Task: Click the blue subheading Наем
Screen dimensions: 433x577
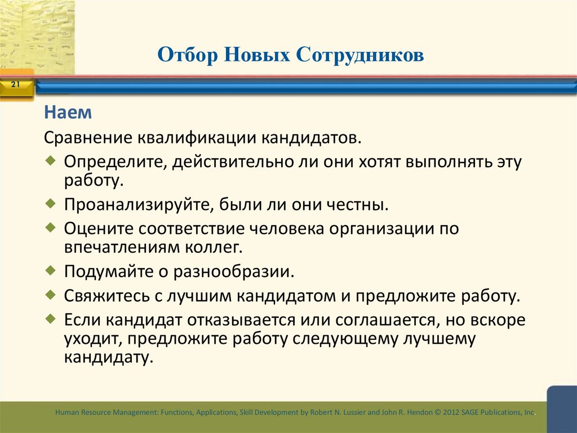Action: pyautogui.click(x=68, y=113)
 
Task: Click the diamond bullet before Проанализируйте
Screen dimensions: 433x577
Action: pyautogui.click(x=51, y=202)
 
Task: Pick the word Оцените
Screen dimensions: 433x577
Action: pyautogui.click(x=97, y=229)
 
